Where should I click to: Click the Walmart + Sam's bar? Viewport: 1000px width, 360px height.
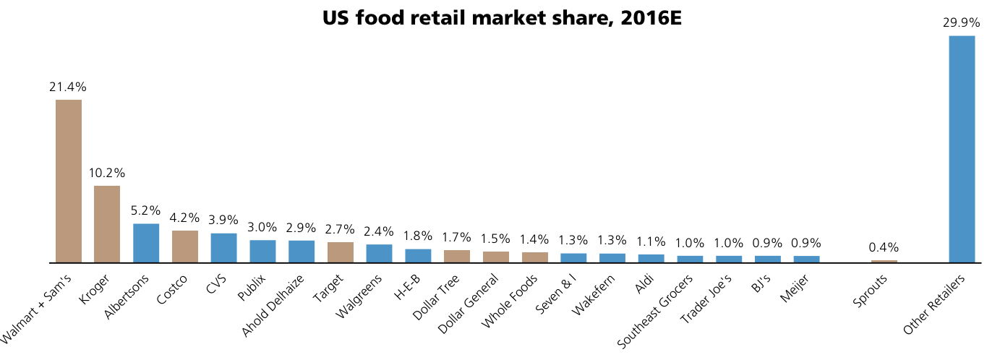tap(69, 181)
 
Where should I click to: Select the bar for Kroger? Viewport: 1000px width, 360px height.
tap(107, 224)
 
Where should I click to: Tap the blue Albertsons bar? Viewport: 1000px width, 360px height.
tap(146, 243)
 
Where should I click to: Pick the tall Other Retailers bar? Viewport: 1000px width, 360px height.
tap(962, 149)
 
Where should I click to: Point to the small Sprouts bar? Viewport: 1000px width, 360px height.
tap(884, 261)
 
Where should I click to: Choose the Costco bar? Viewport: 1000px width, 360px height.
tap(185, 247)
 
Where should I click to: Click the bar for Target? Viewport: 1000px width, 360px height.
tap(341, 252)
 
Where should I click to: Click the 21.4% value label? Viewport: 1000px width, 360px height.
tap(68, 87)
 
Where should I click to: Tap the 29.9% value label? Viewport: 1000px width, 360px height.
tap(961, 22)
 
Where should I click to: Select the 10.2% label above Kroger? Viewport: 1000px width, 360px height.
tap(107, 173)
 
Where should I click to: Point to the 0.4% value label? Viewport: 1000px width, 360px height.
tap(884, 247)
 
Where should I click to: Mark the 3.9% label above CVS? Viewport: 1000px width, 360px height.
tap(223, 220)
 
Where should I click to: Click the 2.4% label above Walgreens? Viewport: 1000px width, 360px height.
tap(379, 231)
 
